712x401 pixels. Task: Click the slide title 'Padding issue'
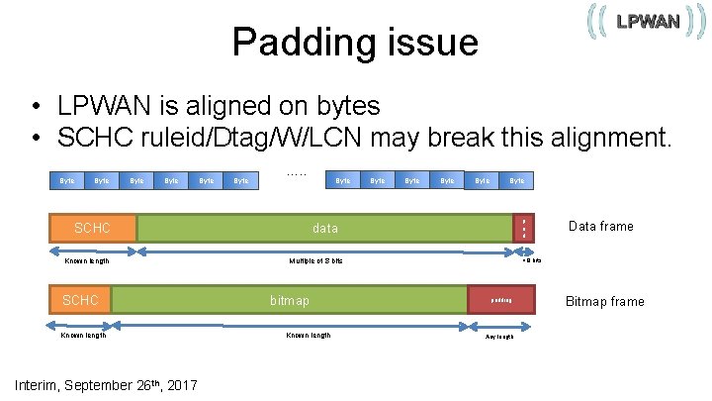tap(354, 43)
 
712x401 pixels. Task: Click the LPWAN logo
tap(647, 22)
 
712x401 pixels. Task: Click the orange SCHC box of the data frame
tap(93, 228)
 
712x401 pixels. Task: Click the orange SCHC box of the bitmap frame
tap(81, 300)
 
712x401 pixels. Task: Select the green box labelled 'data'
tap(324, 228)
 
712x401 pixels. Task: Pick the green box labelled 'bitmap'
tap(289, 300)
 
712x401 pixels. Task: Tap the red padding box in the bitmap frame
tap(501, 300)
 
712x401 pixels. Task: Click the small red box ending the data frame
tap(523, 228)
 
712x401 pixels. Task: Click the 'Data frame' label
tap(601, 227)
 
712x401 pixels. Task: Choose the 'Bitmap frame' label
tap(603, 301)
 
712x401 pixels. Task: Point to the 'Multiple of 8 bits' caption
tap(315, 261)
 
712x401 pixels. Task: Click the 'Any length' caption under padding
tap(499, 337)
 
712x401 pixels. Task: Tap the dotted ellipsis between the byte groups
tap(297, 174)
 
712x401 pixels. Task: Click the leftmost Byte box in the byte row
tap(66, 180)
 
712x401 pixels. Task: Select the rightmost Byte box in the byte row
tap(517, 180)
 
